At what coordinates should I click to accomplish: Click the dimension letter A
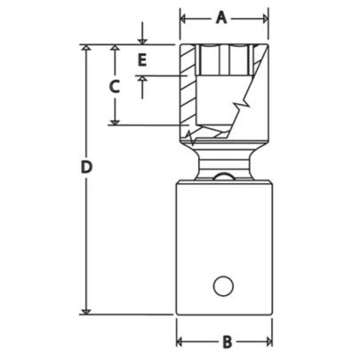click(221, 19)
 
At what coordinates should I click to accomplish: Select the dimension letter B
click(227, 342)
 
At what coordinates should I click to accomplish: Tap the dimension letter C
click(115, 86)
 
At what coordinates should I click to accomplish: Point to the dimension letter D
click(86, 168)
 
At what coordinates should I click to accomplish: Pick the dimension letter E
click(142, 61)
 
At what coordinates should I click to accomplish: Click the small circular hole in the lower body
click(223, 286)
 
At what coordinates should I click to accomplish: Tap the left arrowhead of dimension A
click(183, 19)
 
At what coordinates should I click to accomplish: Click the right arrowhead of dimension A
click(265, 19)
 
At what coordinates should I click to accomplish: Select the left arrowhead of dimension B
click(180, 342)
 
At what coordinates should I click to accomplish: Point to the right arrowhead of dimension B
click(269, 342)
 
